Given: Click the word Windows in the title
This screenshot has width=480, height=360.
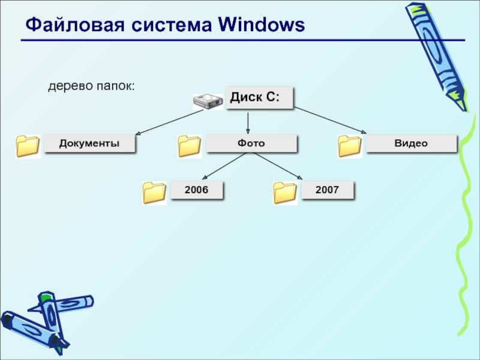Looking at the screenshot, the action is coord(262,25).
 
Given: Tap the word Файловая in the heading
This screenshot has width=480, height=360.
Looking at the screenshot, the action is coord(68,25).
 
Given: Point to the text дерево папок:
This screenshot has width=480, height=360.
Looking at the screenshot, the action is coord(92,88).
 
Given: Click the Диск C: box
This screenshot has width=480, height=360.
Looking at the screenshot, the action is coord(259,97).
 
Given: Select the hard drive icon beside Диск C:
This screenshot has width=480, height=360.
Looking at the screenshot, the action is coord(208,101).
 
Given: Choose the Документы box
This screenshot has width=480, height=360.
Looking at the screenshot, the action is coord(89,143).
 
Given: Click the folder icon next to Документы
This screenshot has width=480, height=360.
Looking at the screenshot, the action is coord(28,146).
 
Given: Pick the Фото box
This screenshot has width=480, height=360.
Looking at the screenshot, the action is coord(251,143).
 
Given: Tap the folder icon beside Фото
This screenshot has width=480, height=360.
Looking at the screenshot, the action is coord(190,146).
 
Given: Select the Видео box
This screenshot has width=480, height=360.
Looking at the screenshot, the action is coord(411,143).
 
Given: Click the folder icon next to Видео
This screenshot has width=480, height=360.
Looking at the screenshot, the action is coord(349,146).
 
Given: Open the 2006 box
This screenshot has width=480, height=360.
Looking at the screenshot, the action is coord(196,190).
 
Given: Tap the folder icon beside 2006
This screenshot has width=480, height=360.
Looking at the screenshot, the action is coord(154,193).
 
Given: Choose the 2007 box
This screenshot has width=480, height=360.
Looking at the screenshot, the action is coord(327,190).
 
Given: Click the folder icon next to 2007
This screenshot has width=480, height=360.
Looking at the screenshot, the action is coord(285,193).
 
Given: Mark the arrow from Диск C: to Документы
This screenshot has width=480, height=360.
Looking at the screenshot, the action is coord(180,120).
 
